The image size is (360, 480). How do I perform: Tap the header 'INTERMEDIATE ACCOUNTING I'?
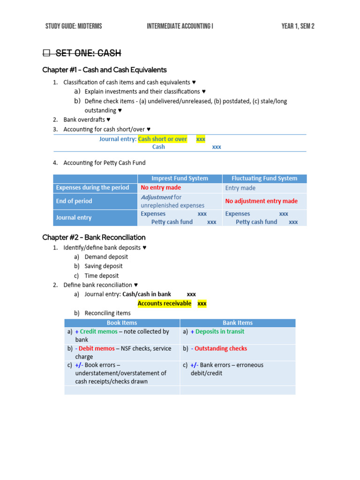click(180, 26)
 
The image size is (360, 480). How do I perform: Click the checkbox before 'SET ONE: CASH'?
click(46, 53)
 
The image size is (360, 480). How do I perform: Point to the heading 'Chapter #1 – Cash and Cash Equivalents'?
click(104, 70)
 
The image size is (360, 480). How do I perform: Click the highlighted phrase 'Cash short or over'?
click(162, 139)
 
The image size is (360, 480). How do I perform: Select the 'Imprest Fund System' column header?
click(180, 178)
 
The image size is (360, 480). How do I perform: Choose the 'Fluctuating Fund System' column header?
click(264, 178)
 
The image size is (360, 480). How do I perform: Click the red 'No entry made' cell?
click(161, 187)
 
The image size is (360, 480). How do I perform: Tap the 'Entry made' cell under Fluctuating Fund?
click(240, 188)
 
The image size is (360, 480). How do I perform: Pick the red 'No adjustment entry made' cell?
click(261, 201)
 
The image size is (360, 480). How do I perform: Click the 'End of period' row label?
click(74, 201)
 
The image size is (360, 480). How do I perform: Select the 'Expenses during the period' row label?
click(92, 187)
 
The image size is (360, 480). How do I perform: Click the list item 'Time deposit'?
click(102, 276)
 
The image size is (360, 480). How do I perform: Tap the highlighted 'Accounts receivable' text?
click(164, 303)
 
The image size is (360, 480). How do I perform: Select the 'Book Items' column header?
click(122, 322)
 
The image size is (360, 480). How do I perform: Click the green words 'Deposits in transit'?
click(220, 331)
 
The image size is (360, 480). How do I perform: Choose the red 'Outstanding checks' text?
click(221, 348)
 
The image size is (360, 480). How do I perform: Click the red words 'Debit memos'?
click(97, 348)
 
